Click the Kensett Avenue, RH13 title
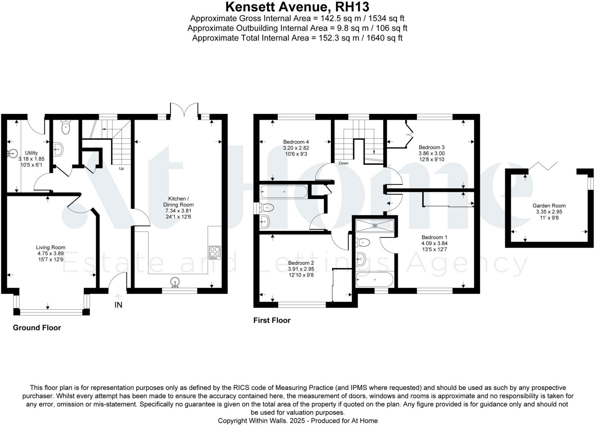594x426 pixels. coord(297,7)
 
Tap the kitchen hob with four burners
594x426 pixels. coord(214,252)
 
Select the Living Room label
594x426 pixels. coord(51,247)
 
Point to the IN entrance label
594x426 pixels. coord(118,305)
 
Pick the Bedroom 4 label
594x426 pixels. coord(296,142)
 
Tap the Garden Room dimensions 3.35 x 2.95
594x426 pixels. coord(549,212)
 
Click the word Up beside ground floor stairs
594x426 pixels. coord(121,168)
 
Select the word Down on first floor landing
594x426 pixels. coord(343,163)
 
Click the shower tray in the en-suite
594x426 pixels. coord(375,226)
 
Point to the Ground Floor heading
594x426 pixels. coord(37,328)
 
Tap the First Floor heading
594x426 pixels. coord(272,320)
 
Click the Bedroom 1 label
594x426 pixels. coord(434,237)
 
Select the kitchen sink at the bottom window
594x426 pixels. coord(175,282)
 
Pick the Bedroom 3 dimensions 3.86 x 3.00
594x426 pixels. coord(431,153)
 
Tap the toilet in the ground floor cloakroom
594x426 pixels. coord(66,127)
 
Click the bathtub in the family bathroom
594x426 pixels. coord(284,192)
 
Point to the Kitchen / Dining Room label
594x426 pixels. coord(178,201)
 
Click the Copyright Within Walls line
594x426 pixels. coord(297,420)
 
